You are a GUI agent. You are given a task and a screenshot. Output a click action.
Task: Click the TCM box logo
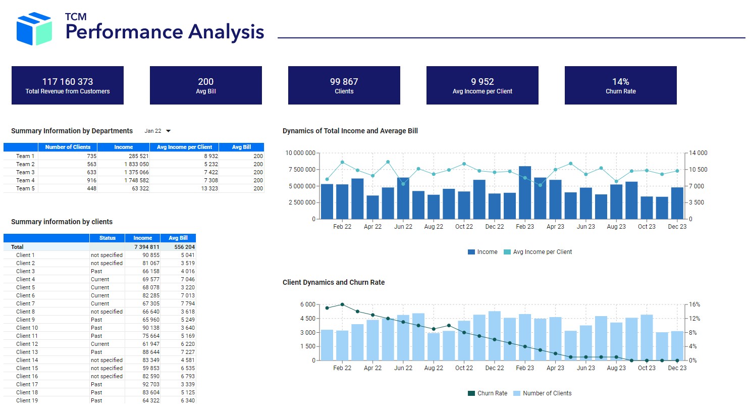[34, 28]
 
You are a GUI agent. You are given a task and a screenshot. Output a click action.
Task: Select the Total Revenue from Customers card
[68, 85]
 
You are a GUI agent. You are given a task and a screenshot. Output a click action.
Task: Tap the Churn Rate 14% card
[620, 85]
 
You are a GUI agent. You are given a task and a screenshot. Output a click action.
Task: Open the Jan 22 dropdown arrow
[169, 131]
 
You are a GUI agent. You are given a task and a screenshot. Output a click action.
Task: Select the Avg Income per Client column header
[184, 147]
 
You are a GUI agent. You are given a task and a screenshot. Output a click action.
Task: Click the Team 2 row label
[25, 164]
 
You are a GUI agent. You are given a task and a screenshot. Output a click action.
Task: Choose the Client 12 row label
[27, 344]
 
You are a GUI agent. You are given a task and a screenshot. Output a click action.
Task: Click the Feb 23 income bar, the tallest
[525, 192]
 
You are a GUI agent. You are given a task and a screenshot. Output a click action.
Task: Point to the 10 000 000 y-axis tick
[300, 153]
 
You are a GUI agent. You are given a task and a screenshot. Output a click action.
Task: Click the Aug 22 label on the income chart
[433, 227]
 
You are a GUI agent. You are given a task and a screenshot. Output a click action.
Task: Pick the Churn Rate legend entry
[488, 393]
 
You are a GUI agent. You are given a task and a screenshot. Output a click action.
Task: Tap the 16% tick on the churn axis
[694, 304]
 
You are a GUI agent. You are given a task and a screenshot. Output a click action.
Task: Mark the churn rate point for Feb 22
[342, 304]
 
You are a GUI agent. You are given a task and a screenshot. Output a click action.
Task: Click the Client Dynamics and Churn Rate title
[334, 283]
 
